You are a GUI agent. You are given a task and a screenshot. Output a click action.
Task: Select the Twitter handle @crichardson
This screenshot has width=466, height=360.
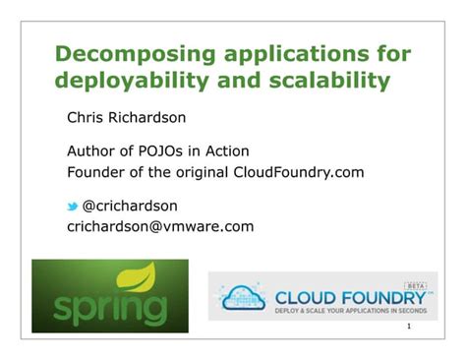pyautogui.click(x=131, y=206)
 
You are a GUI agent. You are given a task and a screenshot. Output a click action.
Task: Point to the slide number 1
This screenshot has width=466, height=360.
pyautogui.click(x=434, y=328)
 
